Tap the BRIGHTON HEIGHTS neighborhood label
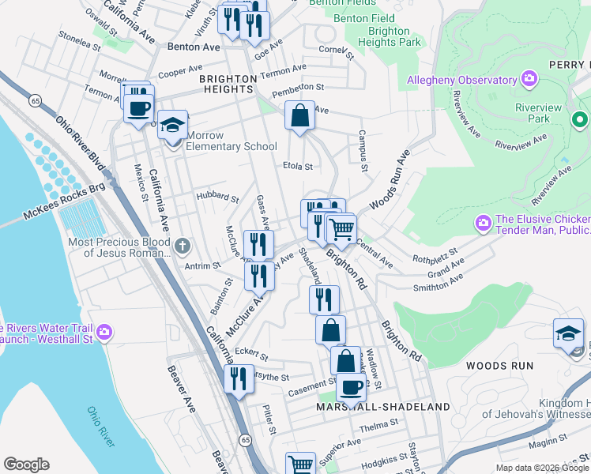tap(228, 84)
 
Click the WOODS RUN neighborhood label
tap(499, 365)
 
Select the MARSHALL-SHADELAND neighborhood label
tap(383, 407)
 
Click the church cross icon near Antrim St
tap(183, 245)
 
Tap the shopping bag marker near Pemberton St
tap(300, 117)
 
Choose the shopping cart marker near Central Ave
tap(341, 230)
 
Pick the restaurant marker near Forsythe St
tap(239, 379)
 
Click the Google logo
tap(26, 464)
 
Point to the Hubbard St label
tap(217, 197)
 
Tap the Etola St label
tap(298, 167)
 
